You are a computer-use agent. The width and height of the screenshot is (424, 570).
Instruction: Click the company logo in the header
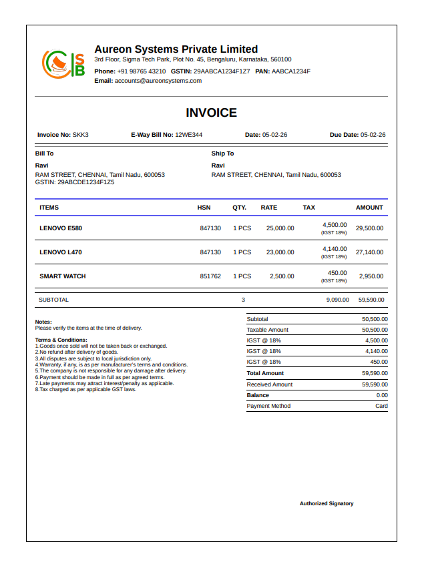click(x=63, y=64)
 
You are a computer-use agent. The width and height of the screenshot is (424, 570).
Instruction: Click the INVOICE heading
click(x=211, y=113)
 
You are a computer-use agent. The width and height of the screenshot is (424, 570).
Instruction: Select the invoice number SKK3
click(x=81, y=135)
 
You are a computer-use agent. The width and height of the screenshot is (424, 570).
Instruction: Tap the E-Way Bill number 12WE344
click(x=188, y=135)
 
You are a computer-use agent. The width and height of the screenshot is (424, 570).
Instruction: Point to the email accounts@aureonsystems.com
click(x=158, y=81)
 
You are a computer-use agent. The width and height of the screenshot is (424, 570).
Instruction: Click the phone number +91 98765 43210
click(x=142, y=71)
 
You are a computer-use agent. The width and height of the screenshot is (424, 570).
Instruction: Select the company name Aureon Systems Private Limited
click(x=176, y=49)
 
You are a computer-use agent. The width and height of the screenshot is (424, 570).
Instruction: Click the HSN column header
click(x=204, y=208)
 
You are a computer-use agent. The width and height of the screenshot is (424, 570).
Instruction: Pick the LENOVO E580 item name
click(x=61, y=228)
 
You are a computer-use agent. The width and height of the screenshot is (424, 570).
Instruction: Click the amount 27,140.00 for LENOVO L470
click(x=369, y=252)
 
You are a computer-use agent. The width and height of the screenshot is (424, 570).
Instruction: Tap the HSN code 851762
click(x=210, y=276)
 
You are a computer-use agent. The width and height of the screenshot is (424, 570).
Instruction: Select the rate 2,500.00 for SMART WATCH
click(x=282, y=276)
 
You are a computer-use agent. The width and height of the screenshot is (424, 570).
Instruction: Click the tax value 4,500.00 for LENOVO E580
click(x=335, y=225)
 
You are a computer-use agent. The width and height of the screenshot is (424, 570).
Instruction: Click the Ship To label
click(x=222, y=154)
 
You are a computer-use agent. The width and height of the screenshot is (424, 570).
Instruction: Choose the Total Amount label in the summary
click(x=265, y=374)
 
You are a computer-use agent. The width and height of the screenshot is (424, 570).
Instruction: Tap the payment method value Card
click(x=381, y=406)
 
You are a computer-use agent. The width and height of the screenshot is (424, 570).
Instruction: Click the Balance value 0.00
click(x=382, y=395)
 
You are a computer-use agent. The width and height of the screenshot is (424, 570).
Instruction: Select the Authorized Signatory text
click(x=327, y=504)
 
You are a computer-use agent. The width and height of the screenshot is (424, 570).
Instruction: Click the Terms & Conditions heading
click(x=61, y=340)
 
